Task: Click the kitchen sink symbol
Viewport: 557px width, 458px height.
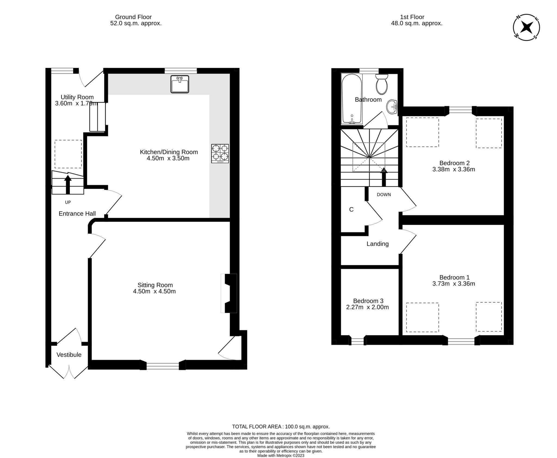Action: click(x=180, y=84)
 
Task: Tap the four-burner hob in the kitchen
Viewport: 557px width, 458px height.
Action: click(x=220, y=153)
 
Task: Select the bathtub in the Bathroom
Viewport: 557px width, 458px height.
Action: click(x=351, y=99)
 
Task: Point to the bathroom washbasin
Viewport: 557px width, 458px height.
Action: click(x=392, y=107)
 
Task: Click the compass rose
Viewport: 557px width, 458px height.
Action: click(x=526, y=27)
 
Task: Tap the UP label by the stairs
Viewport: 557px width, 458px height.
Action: click(x=68, y=202)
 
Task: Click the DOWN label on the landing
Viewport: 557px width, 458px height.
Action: click(x=384, y=194)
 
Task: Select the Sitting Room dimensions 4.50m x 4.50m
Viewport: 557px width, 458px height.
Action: click(x=154, y=291)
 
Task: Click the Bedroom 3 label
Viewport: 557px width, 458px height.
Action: click(x=368, y=301)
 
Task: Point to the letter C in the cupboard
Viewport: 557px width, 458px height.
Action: click(x=351, y=209)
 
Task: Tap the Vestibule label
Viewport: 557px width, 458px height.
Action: click(x=69, y=355)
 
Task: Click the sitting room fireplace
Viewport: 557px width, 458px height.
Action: click(x=229, y=293)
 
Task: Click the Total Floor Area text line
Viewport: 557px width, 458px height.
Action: click(x=281, y=426)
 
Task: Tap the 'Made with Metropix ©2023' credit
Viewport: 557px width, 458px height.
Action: click(x=281, y=455)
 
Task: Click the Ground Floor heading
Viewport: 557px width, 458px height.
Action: click(x=133, y=17)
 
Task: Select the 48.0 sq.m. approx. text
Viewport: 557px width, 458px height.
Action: click(x=416, y=23)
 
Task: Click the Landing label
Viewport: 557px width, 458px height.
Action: click(x=377, y=244)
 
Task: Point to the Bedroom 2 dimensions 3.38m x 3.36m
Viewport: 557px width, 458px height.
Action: click(x=453, y=169)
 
